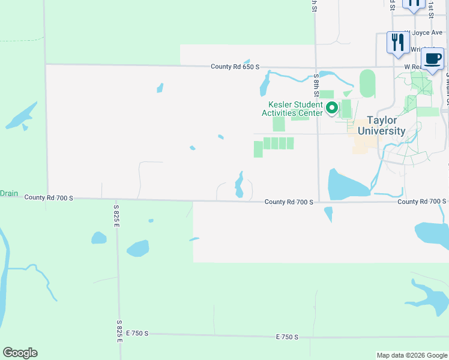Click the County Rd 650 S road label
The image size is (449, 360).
235,67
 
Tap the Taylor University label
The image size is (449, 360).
381,125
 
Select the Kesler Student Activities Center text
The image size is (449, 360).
292,109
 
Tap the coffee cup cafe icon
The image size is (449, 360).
432,59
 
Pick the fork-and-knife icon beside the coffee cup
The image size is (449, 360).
397,42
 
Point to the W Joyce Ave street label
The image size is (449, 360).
423,34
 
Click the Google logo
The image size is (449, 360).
20,353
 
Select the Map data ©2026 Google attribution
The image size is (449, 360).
411,355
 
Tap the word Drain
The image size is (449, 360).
9,194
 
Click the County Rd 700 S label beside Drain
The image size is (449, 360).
49,197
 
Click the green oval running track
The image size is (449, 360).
367,83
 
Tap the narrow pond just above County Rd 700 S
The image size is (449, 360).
239,185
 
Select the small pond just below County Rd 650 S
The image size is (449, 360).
265,85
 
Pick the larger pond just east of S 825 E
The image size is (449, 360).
137,248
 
